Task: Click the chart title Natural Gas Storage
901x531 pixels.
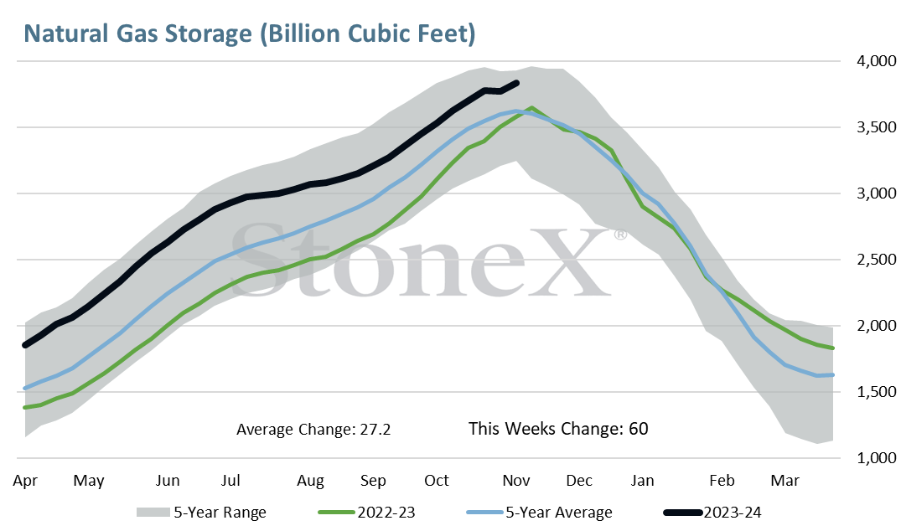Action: [x=137, y=34]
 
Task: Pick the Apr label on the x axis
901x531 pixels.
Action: [x=25, y=481]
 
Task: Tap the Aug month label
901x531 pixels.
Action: [x=310, y=481]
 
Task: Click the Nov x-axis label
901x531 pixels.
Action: [x=516, y=481]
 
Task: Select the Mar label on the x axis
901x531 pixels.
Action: [x=785, y=481]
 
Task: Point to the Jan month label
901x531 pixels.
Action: [x=642, y=481]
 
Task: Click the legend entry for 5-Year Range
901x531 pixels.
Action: [x=201, y=512]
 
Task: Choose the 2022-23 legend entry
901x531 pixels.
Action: [x=366, y=512]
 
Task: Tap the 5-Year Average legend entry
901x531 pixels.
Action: [x=540, y=512]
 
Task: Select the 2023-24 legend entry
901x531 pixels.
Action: [x=712, y=512]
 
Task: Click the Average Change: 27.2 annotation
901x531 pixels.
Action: [x=313, y=430]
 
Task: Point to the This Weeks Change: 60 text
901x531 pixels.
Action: [x=558, y=429]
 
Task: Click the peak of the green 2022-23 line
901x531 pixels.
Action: [x=532, y=107]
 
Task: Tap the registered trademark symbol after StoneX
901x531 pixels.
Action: [x=620, y=235]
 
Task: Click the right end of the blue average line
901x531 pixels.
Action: [x=832, y=375]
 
